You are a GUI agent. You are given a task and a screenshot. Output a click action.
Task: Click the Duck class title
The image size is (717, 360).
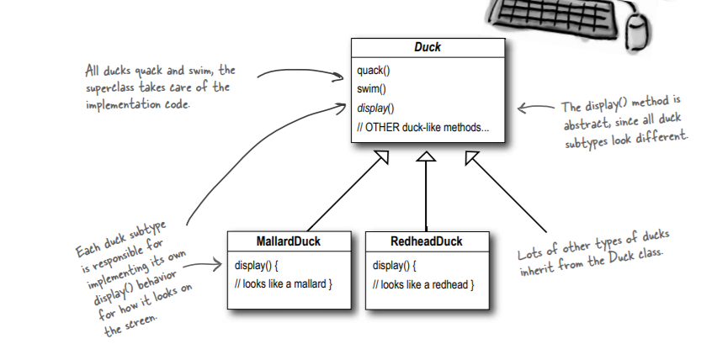coord(428,47)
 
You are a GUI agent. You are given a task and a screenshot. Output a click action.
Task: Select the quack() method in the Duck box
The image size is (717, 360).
coord(374,71)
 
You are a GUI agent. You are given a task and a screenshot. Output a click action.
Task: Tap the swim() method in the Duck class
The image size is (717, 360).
coord(371,89)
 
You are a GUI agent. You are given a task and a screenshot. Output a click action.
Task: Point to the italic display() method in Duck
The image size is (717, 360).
coord(375,109)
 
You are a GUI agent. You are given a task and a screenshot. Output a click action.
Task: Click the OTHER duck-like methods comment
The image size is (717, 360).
coord(423,128)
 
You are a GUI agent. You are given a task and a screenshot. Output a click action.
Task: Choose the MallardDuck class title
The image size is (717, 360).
coord(289,241)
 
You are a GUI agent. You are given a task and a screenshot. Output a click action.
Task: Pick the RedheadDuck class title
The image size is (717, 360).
coord(427,241)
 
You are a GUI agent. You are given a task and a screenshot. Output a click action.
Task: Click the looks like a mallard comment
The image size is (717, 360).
coord(284,284)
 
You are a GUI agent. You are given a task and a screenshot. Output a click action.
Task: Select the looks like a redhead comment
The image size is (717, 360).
coord(423,285)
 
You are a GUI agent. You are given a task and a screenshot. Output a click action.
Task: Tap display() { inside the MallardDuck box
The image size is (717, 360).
coord(256,266)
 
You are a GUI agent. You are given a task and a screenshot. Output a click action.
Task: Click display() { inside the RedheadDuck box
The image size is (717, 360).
coord(394,266)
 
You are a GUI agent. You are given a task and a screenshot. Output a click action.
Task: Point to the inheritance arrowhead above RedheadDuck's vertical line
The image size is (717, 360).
coord(426,156)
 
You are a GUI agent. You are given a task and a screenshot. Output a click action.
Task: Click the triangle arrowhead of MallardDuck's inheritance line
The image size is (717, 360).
coord(382,156)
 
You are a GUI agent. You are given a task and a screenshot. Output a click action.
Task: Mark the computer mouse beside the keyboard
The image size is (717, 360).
coord(637,29)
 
